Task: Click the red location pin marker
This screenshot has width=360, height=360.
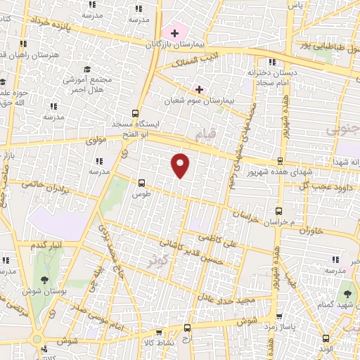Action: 181,165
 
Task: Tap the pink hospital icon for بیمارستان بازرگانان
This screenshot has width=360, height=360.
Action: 174,33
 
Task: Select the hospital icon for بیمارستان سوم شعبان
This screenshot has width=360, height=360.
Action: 199,89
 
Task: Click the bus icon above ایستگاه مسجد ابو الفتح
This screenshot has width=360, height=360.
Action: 135,113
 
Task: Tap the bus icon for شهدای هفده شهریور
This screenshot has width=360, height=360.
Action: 280,161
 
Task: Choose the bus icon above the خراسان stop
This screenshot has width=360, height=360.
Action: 278,211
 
